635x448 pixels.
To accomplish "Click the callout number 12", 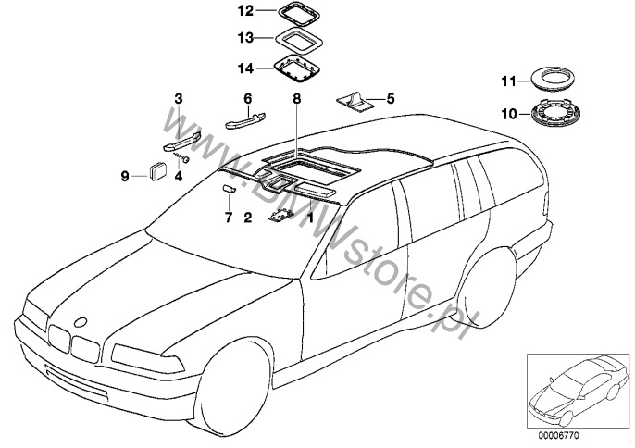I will coord(244,13).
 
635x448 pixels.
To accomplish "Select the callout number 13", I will coord(244,40).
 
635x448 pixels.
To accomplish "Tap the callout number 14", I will coord(244,68).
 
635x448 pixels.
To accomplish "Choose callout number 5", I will coord(390,96).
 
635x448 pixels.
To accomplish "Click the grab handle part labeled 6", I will coord(246,116).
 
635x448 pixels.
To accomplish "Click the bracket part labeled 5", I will coord(355,100).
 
